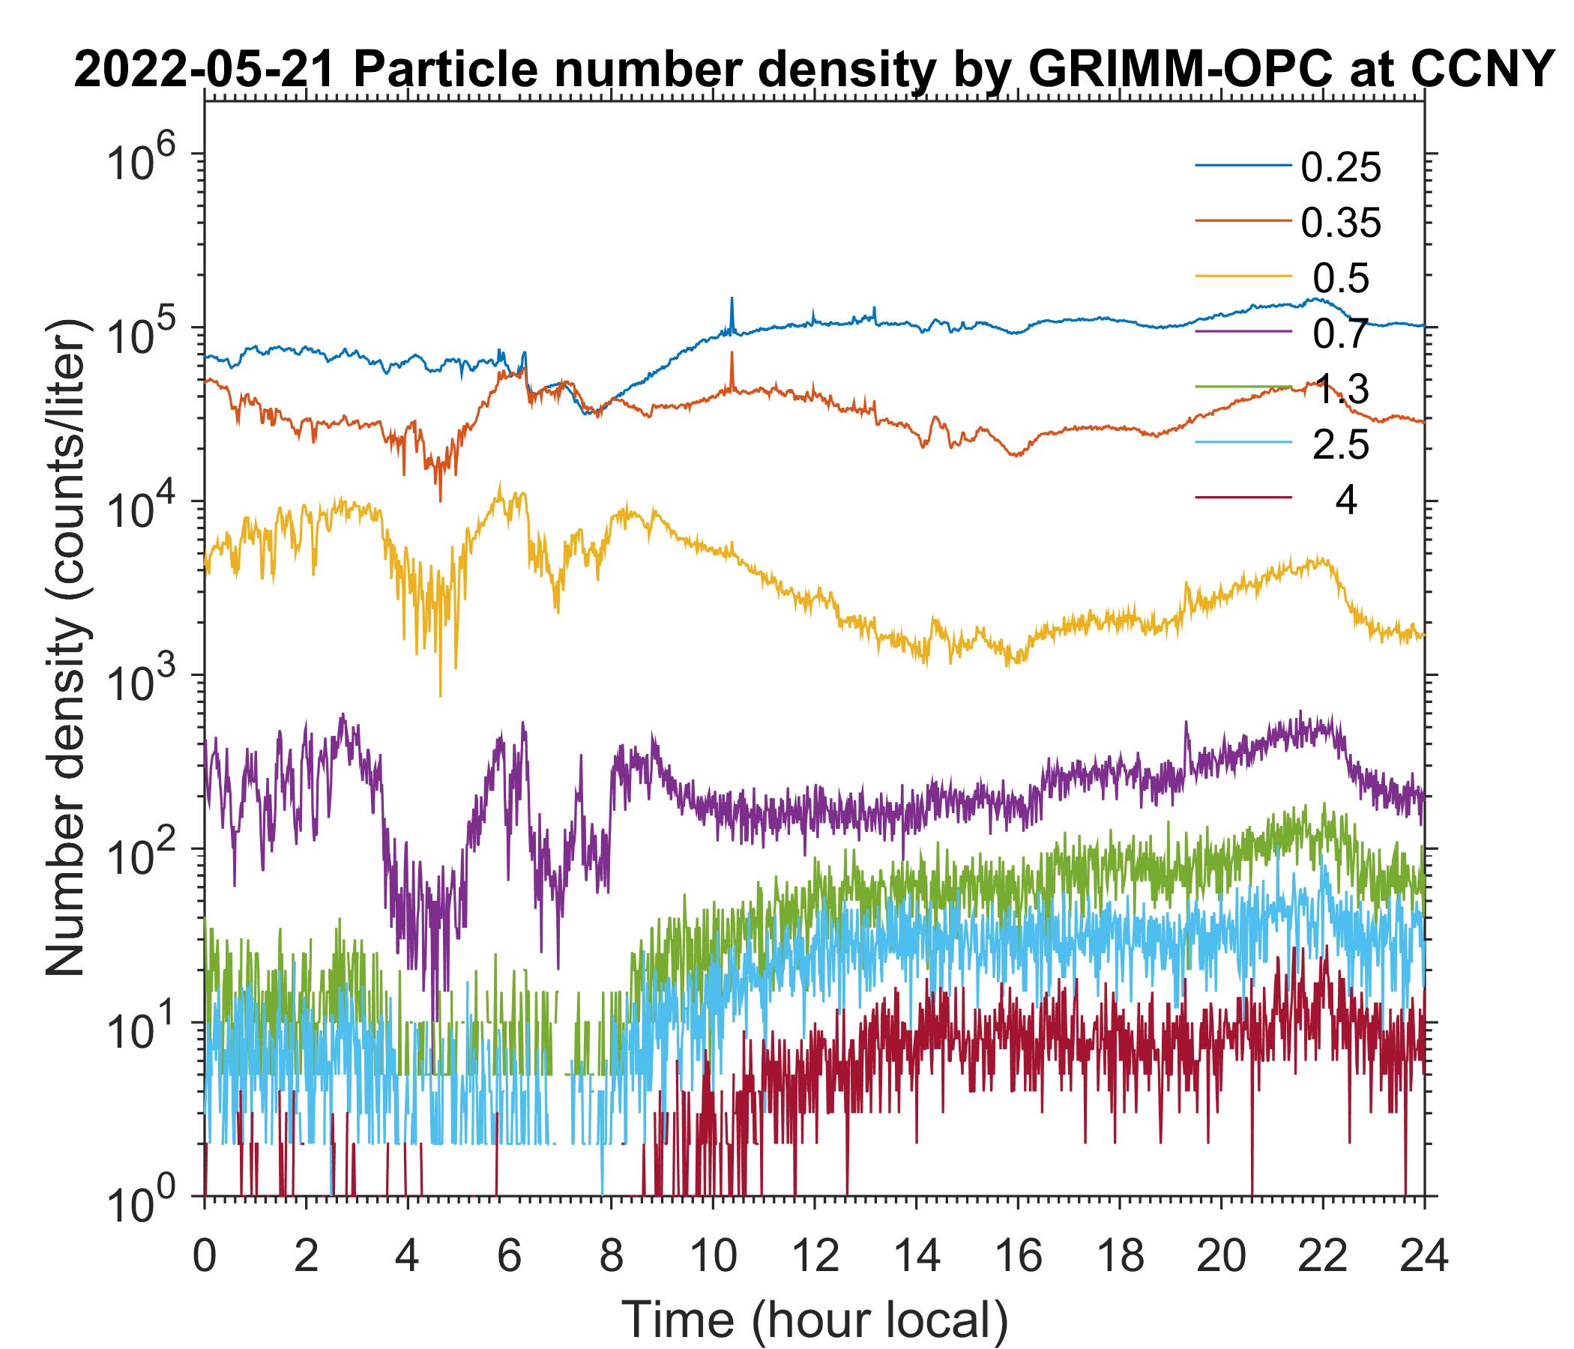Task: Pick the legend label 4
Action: click(1345, 502)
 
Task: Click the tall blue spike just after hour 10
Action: click(732, 300)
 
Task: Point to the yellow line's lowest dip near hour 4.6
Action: click(441, 694)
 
